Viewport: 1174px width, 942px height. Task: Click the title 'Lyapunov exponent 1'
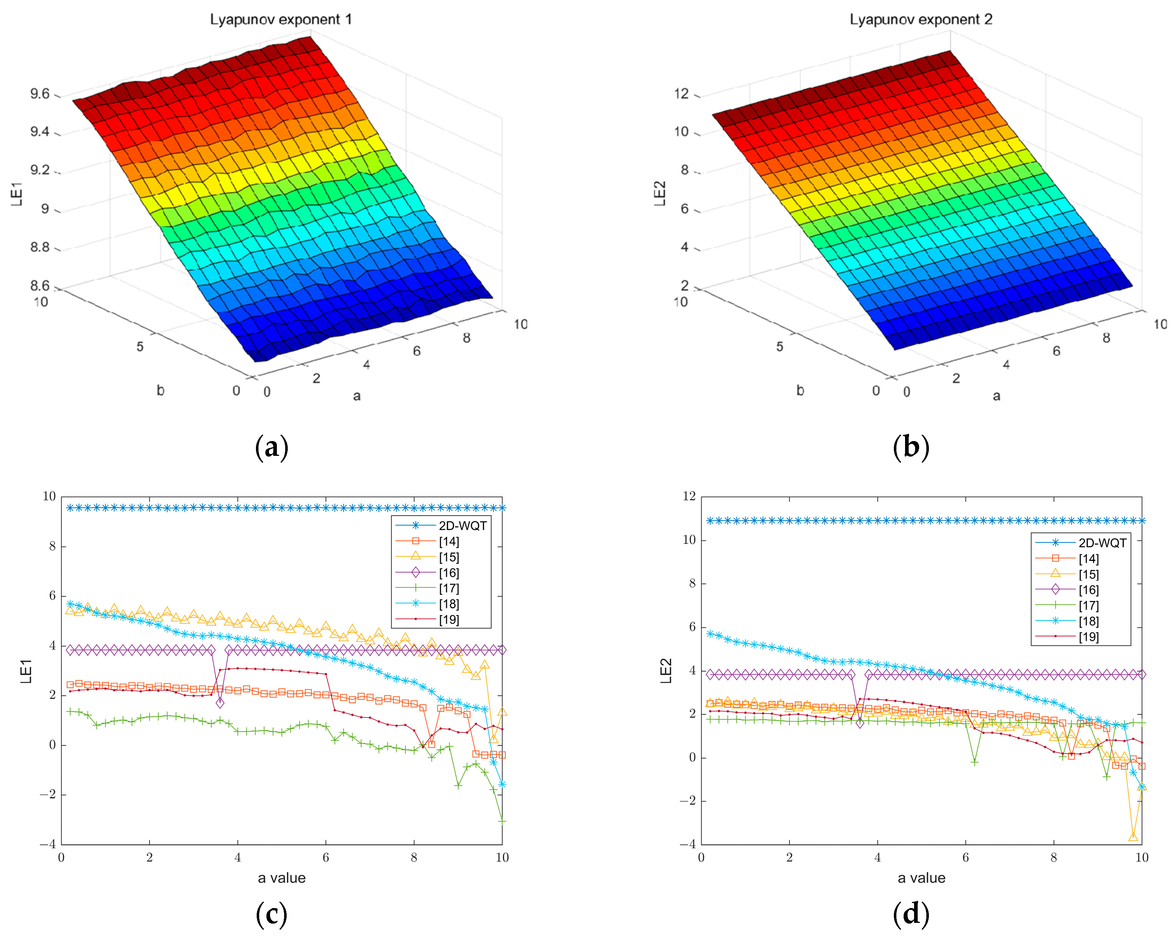pyautogui.click(x=281, y=19)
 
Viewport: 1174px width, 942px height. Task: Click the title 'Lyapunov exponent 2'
pyautogui.click(x=921, y=19)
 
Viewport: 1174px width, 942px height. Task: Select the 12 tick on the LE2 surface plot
pyautogui.click(x=681, y=93)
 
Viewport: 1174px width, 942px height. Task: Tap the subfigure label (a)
pyautogui.click(x=271, y=447)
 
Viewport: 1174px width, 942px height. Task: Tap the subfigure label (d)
pyautogui.click(x=911, y=914)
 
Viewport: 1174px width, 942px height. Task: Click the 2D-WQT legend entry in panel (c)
pyautogui.click(x=462, y=525)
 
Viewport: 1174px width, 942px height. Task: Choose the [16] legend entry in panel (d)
pyautogui.click(x=1088, y=590)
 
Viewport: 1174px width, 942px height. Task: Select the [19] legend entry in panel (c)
pyautogui.click(x=449, y=620)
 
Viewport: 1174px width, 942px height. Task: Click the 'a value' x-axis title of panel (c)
pyautogui.click(x=282, y=878)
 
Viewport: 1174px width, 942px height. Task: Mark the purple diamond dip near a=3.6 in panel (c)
pyautogui.click(x=219, y=703)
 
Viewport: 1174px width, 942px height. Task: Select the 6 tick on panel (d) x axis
pyautogui.click(x=965, y=858)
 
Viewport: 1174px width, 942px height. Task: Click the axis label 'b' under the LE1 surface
pyautogui.click(x=160, y=391)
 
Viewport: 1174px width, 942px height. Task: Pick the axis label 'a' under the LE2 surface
pyautogui.click(x=996, y=396)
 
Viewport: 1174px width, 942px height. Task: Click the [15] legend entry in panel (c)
pyautogui.click(x=449, y=557)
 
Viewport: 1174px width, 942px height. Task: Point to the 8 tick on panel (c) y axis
pyautogui.click(x=52, y=546)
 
